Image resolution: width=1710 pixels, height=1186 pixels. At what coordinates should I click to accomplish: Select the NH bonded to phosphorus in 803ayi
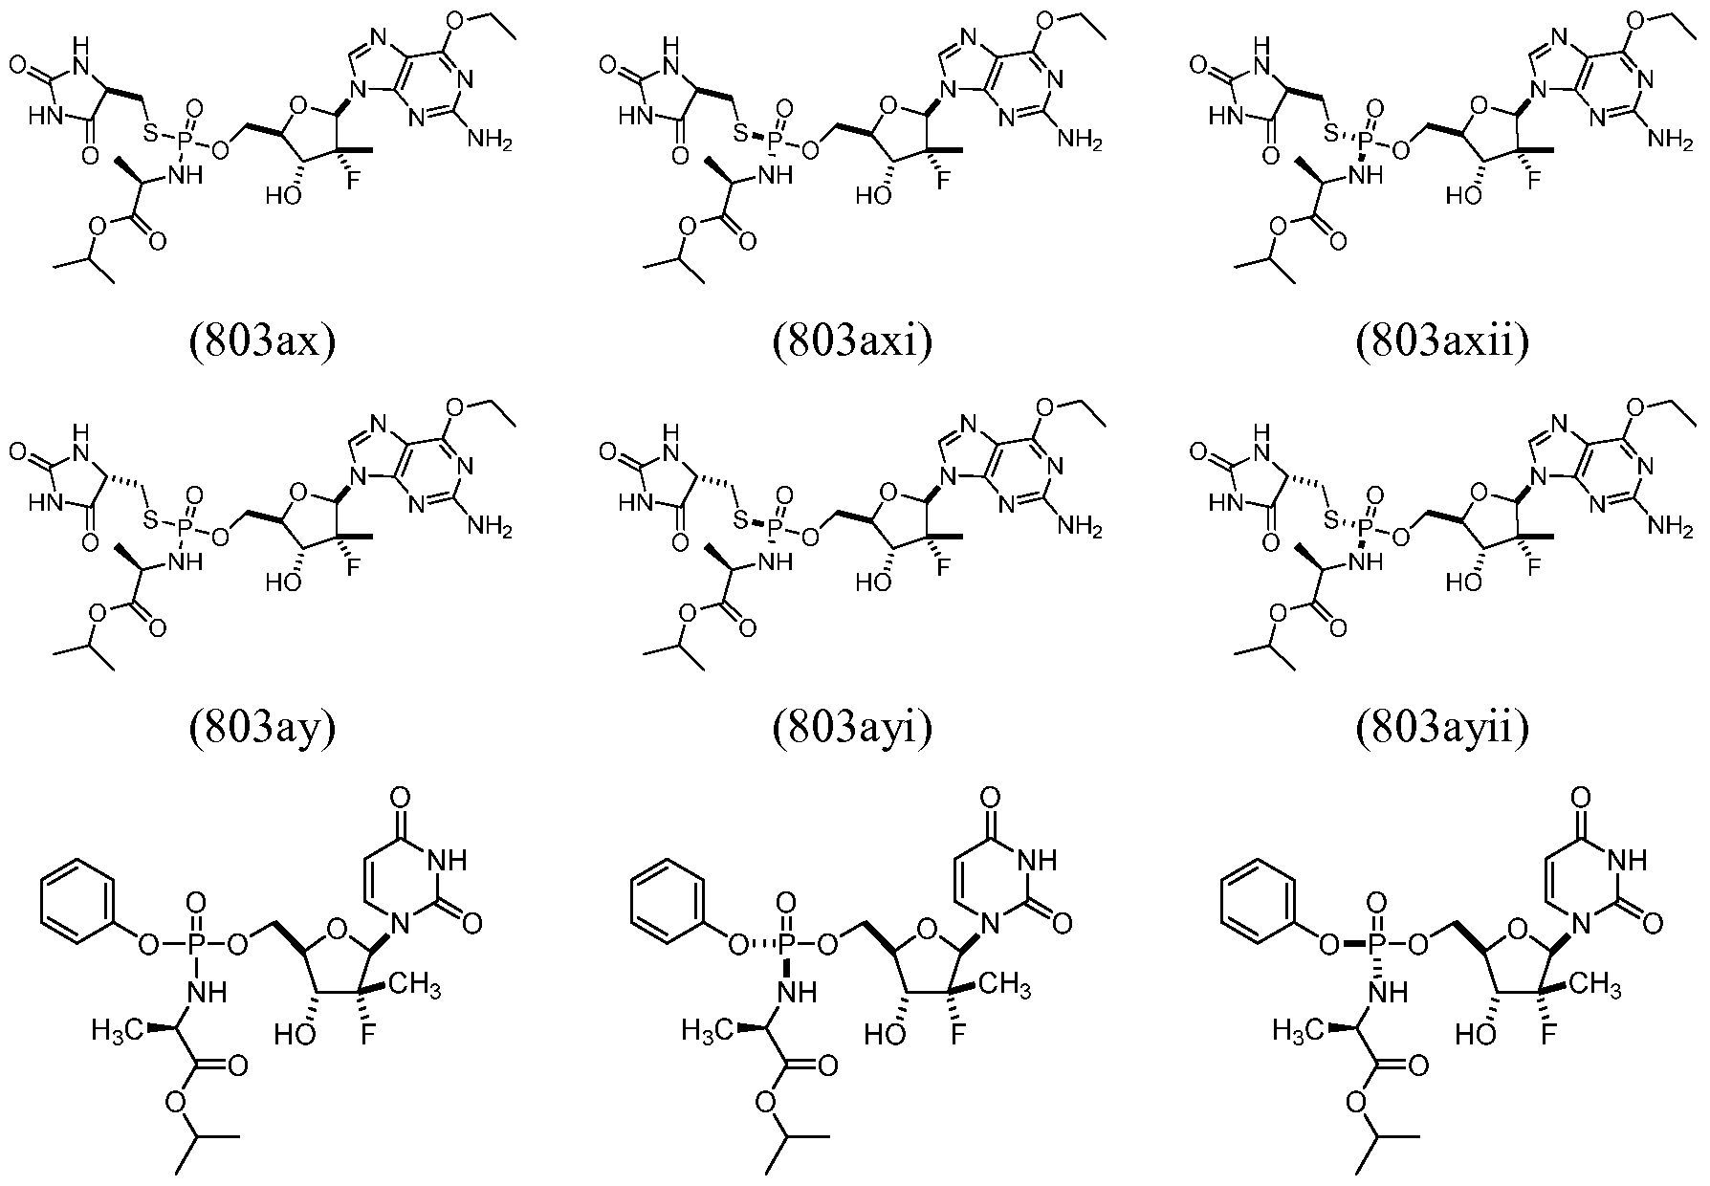(x=781, y=562)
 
